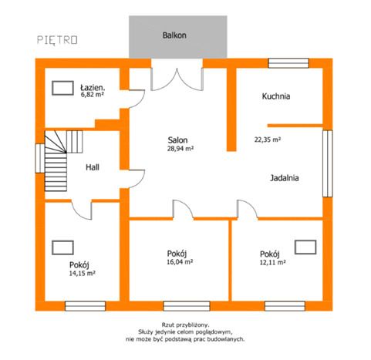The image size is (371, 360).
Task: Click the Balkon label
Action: (x=174, y=35)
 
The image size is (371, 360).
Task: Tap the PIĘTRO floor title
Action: (x=57, y=40)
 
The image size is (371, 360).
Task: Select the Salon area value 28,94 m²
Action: (x=180, y=148)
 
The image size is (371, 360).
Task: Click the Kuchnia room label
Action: (x=276, y=96)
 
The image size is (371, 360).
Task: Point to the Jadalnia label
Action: (x=285, y=178)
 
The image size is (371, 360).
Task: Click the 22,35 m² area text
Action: (x=268, y=140)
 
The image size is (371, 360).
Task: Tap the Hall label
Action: (x=93, y=167)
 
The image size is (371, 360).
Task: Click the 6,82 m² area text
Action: (x=93, y=94)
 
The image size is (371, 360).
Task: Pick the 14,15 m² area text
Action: (x=83, y=273)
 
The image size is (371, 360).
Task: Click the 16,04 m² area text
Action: (x=180, y=261)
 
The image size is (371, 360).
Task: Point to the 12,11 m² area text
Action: (x=273, y=262)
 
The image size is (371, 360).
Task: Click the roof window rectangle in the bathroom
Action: (x=62, y=88)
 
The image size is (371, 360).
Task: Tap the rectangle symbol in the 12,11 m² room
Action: (x=305, y=247)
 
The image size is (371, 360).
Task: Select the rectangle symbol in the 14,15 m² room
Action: (x=62, y=247)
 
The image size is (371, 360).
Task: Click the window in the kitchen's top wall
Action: (x=288, y=63)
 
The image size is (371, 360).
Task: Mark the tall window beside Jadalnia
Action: (x=328, y=163)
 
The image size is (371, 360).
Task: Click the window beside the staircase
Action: (x=40, y=158)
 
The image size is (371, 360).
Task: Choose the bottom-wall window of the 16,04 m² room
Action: (x=187, y=306)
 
